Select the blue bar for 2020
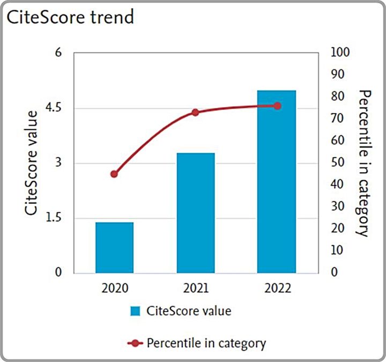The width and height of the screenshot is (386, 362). coord(114,247)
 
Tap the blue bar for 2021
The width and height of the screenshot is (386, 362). coord(196,213)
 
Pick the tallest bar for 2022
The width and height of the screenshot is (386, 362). coord(277,182)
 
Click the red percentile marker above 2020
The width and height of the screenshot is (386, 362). coord(114,174)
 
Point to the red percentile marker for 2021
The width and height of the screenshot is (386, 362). coord(196,113)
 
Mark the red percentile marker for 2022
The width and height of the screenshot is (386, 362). coord(277,106)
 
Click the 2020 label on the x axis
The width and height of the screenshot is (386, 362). coord(114,289)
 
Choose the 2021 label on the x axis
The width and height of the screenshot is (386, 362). coord(196,289)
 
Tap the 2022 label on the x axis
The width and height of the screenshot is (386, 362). coord(277,289)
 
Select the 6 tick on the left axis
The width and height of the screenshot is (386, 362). coord(58,53)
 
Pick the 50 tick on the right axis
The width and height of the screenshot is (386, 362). coord(337,162)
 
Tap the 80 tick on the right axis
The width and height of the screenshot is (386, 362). coord(337,97)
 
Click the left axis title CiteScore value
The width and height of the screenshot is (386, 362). coord(32,162)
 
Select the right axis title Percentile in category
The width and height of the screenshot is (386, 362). coord(363,162)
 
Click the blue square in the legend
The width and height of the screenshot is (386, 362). coord(135,311)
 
